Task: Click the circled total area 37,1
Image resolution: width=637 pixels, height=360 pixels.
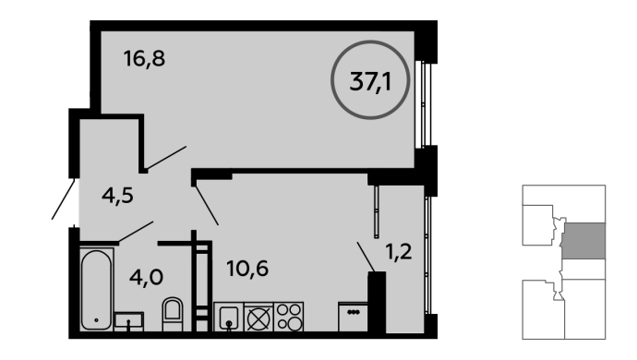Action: tap(370, 80)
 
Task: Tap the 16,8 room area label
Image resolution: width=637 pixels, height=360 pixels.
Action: tap(144, 58)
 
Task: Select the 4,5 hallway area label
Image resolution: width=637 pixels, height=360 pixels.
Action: tap(117, 196)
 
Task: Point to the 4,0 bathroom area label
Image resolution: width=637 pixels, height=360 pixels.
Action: tap(146, 277)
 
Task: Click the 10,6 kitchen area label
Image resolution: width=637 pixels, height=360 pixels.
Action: tap(247, 269)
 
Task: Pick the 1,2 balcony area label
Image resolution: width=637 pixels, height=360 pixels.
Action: tap(399, 252)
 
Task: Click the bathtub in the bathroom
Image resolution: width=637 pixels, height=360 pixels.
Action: tap(96, 289)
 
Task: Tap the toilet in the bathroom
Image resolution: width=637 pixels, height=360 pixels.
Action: tap(173, 314)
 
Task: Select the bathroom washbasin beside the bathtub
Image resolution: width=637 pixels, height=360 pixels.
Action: tap(128, 321)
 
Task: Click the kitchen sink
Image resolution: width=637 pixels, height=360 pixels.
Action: tap(228, 317)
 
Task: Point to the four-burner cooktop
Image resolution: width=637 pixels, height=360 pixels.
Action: tap(289, 317)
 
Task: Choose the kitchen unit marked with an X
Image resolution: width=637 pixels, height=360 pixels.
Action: tap(258, 317)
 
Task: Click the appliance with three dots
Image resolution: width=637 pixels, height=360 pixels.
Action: tap(353, 317)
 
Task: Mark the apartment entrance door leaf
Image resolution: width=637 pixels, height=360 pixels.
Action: tap(63, 199)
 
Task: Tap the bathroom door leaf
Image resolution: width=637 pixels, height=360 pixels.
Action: tap(136, 232)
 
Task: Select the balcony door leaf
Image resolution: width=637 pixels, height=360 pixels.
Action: tap(366, 257)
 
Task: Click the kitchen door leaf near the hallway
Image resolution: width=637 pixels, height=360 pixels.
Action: tap(207, 205)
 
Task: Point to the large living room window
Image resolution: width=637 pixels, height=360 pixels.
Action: tap(424, 104)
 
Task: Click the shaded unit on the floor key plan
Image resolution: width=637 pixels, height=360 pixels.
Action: tap(583, 241)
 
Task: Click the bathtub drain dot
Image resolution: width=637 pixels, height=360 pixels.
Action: tap(96, 320)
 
